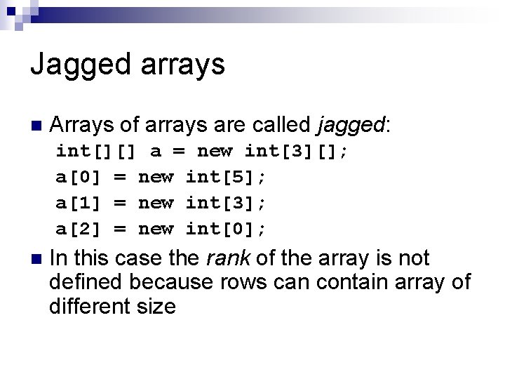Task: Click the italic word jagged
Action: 351,126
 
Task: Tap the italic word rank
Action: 228,259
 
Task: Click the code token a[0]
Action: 79,177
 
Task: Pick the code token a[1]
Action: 79,202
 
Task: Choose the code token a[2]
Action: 79,228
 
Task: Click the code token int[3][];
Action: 296,151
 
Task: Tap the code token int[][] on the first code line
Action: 96,151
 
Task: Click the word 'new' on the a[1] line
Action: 156,202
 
